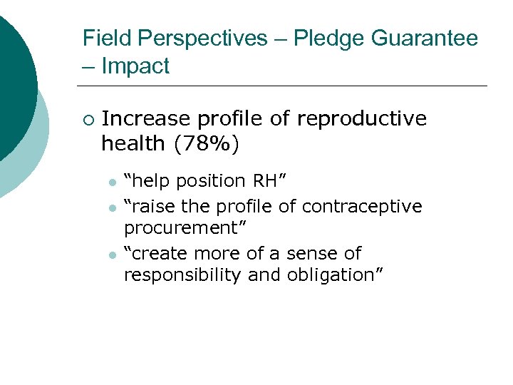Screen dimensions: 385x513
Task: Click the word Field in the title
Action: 103,38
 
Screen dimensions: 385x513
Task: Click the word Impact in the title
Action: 135,66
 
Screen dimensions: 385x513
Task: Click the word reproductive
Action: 357,118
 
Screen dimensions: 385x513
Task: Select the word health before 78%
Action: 133,144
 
